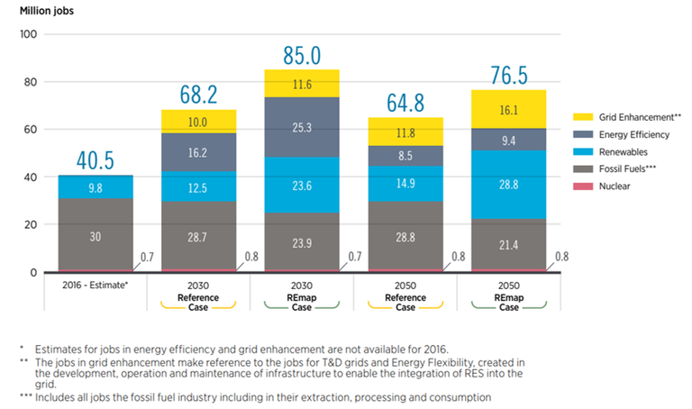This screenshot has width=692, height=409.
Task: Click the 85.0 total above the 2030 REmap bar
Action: (302, 56)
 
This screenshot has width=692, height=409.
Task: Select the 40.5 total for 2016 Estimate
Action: (96, 160)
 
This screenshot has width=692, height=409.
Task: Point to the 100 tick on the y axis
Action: (25, 34)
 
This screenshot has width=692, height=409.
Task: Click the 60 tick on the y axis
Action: (28, 130)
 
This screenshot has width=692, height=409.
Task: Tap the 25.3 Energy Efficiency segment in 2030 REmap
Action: (302, 129)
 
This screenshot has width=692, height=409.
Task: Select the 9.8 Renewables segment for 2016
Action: (96, 187)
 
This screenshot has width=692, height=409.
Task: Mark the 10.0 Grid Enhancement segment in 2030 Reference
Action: (198, 122)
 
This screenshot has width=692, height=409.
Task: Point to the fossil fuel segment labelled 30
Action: (96, 236)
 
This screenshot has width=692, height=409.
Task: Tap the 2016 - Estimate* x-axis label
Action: (96, 286)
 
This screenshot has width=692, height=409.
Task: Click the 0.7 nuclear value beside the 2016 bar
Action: (147, 259)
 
